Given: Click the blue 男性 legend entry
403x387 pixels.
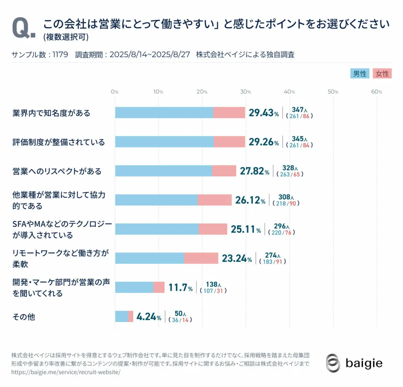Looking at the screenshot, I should pyautogui.click(x=359, y=74).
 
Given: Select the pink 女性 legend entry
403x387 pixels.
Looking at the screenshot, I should pyautogui.click(x=382, y=74).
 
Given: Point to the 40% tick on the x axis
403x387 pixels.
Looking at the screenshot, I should pyautogui.click(x=289, y=92).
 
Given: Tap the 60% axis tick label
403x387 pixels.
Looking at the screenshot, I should pyautogui.click(x=377, y=92).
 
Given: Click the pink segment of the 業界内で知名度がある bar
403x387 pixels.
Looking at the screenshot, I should pyautogui.click(x=229, y=113).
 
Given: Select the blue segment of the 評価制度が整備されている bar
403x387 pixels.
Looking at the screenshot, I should pyautogui.click(x=164, y=142).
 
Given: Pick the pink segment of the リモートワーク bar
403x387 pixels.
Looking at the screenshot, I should pyautogui.click(x=201, y=258).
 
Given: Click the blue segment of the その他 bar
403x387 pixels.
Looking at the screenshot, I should pyautogui.click(x=122, y=317).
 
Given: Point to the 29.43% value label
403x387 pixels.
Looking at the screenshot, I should pyautogui.click(x=264, y=113).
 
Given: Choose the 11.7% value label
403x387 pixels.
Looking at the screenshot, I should pyautogui.click(x=181, y=288).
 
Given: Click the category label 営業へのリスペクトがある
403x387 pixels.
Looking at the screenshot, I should pyautogui.click(x=57, y=171).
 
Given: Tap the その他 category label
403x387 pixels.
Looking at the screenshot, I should pyautogui.click(x=24, y=317).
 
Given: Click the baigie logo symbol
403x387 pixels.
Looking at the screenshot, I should pyautogui.click(x=333, y=363).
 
